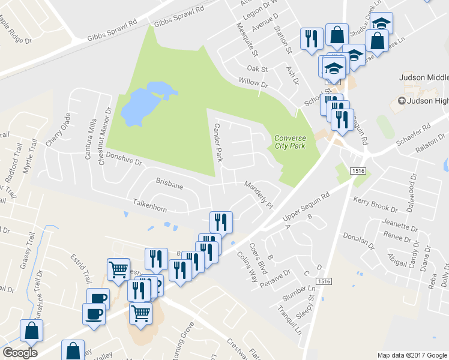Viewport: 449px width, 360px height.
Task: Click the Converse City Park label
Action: (290, 142)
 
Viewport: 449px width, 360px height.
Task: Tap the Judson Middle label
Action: (424, 78)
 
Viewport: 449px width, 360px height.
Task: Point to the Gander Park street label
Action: (218, 142)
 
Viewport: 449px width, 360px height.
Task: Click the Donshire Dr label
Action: (123, 158)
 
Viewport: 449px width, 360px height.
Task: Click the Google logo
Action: (19, 353)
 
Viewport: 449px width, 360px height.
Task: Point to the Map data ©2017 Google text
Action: (411, 355)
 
